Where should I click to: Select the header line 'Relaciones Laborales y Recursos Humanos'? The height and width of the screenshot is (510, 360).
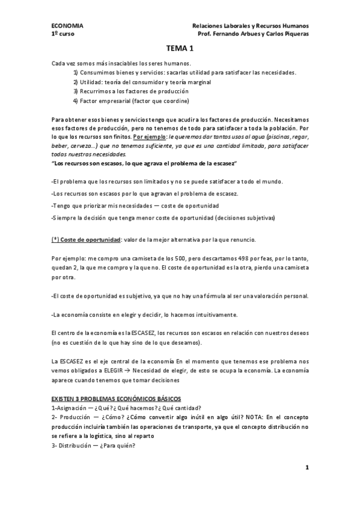(x=249, y=26)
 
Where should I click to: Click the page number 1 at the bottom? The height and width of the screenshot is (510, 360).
(x=307, y=467)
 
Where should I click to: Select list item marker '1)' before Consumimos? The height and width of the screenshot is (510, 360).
(x=76, y=73)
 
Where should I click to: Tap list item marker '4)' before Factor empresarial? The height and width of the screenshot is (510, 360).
(x=76, y=100)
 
